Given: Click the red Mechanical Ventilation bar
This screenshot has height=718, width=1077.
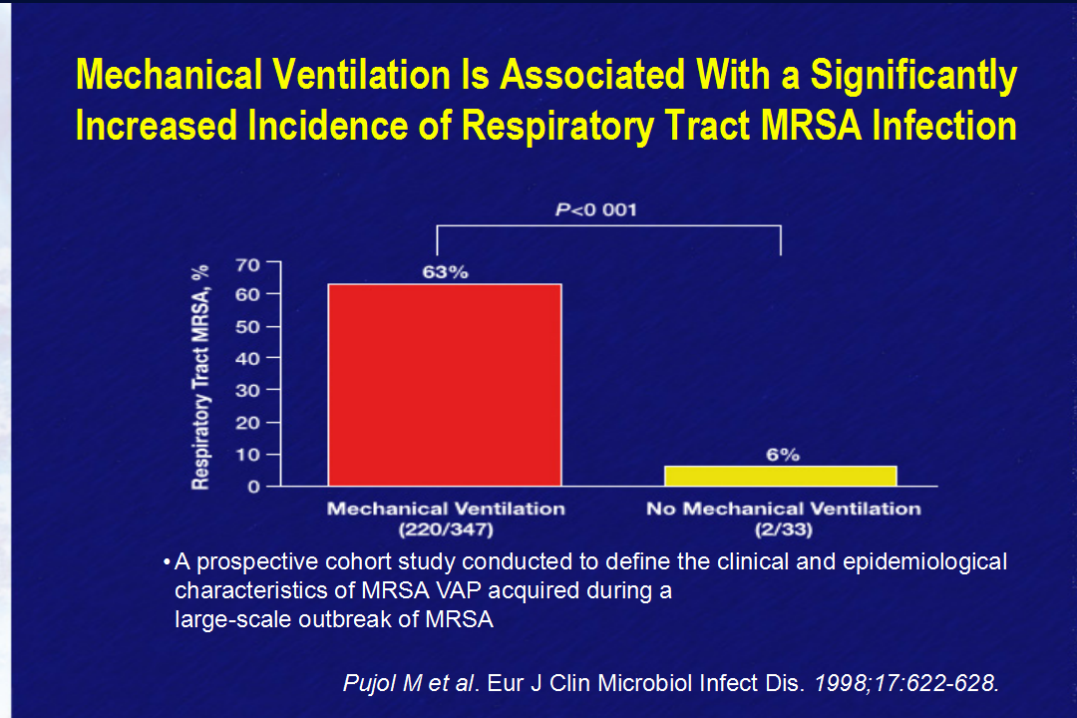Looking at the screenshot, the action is coord(445,385).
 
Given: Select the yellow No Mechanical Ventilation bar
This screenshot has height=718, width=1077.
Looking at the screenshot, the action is coord(780,476).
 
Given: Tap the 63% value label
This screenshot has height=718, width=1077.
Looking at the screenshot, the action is coord(445,272).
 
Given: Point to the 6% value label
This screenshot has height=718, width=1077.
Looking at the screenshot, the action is coord(783,455).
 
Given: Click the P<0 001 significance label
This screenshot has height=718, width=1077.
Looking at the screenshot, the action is coord(596,209).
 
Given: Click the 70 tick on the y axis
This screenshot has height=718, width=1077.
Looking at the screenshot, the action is coord(247,264).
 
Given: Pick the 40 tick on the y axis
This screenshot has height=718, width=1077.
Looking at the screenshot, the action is coord(247,358).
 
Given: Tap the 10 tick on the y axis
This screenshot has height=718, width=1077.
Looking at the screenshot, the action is coord(247,454).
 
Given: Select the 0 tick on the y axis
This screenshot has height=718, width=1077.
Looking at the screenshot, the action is coord(254,487).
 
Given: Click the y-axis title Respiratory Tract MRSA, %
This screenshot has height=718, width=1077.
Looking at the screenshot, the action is coord(199,377).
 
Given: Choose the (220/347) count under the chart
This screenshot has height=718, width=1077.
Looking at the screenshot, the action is coord(447,530).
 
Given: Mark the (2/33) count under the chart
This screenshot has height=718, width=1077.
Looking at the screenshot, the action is coord(784,530).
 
